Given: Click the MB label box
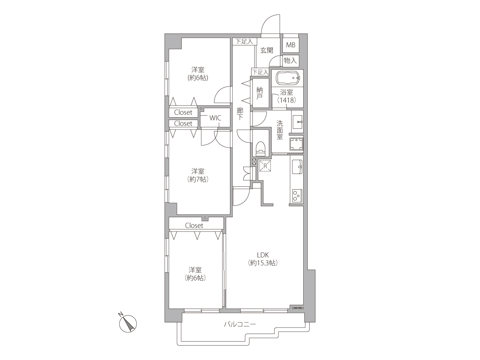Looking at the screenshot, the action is click(x=291, y=45).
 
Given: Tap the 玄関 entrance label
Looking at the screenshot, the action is click(x=267, y=50).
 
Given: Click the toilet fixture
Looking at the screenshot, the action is click(x=260, y=149).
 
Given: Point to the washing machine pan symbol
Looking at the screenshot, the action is click(x=296, y=144).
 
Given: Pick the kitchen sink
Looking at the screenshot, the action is click(x=297, y=167).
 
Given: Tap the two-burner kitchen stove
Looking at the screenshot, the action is click(x=297, y=196).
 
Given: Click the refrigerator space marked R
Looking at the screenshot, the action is click(x=265, y=166).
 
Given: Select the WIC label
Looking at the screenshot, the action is click(x=215, y=118).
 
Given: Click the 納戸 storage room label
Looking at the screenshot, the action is click(x=259, y=93).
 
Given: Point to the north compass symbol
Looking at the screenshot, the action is click(x=128, y=323).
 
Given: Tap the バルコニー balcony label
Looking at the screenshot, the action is click(x=240, y=324).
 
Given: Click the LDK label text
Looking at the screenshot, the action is click(x=263, y=255).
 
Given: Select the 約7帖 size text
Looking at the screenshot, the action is click(x=198, y=179).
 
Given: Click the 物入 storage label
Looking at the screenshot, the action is click(x=290, y=60).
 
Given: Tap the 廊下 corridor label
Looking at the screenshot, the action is click(x=240, y=114).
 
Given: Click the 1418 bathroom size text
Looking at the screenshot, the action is click(x=286, y=100).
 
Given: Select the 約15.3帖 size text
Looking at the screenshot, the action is click(x=263, y=263).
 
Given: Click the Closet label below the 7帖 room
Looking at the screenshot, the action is click(x=194, y=226).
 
